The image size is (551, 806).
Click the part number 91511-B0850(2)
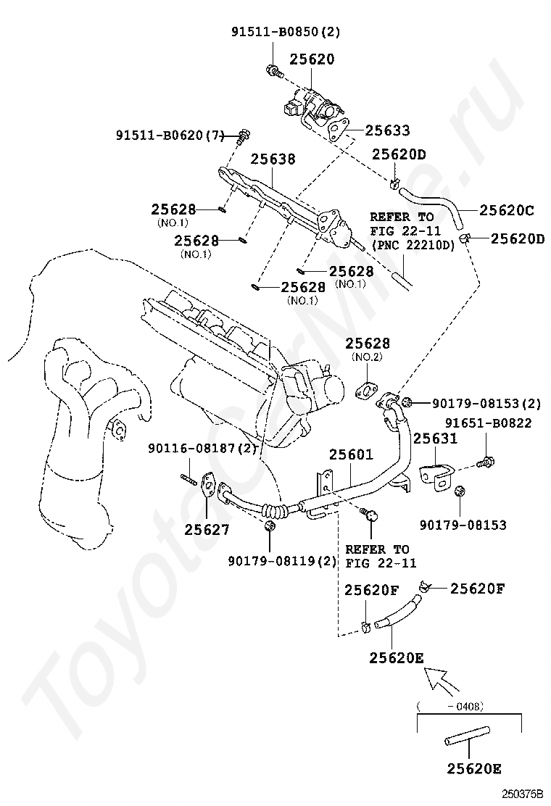pos(285,32)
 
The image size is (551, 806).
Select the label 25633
pos(388,130)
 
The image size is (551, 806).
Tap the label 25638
pos(273,159)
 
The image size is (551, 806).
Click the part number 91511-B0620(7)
pos(170,136)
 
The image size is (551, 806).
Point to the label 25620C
pos(507,210)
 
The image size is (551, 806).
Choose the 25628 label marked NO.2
pos(368,343)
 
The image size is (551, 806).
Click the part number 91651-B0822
pos(489,423)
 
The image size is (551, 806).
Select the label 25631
pos(435,439)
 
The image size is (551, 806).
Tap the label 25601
pos(351,454)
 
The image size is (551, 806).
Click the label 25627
pos(207,529)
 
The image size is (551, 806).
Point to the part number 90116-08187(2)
pos(202,448)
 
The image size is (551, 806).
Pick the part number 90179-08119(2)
pos(282,561)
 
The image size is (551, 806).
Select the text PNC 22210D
pos(413,245)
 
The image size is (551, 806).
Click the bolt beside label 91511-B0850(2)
pos(275,72)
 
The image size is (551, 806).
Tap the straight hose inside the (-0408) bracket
pos(467,736)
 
